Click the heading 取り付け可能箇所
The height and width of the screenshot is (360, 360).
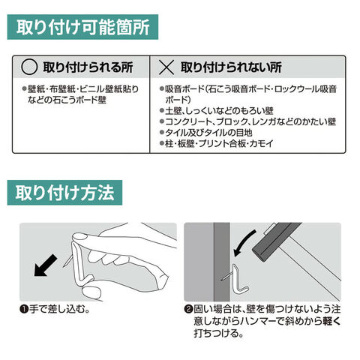(x=82, y=27)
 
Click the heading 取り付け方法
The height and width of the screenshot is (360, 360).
(x=64, y=193)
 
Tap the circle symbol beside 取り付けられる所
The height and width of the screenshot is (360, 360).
(x=29, y=67)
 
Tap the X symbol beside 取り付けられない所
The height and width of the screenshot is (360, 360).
(x=166, y=67)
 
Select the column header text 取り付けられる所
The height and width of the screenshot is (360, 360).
(x=88, y=67)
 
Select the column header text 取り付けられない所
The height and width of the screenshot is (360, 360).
(x=231, y=67)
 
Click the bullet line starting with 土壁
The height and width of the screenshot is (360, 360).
(x=217, y=111)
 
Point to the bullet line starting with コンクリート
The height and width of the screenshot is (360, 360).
(x=247, y=121)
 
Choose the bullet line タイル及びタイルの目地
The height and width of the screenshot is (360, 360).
(x=206, y=133)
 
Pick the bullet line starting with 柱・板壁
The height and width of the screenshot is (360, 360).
(x=217, y=143)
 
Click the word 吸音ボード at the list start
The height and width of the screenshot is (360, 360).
(x=184, y=89)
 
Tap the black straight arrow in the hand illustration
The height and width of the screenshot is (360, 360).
(x=45, y=265)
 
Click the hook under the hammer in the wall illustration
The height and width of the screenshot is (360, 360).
(x=238, y=279)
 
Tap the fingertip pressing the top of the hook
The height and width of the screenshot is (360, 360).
(x=79, y=237)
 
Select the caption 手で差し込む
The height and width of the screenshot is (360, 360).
(x=59, y=309)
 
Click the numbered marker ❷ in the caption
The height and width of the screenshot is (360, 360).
(x=188, y=310)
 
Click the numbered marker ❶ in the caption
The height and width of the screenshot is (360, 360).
(x=24, y=310)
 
